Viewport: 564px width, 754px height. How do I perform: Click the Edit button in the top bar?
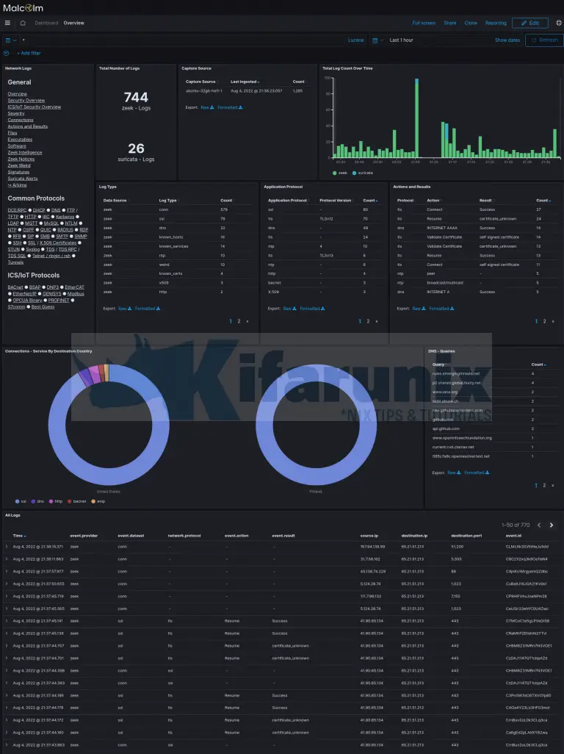(x=529, y=23)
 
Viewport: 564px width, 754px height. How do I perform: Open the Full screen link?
(x=424, y=23)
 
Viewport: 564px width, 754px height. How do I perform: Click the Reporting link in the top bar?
(x=496, y=23)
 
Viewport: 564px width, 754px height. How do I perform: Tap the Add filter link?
(x=29, y=53)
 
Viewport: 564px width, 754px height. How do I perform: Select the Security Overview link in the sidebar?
(x=26, y=101)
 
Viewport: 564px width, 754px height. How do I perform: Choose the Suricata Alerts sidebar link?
(x=23, y=179)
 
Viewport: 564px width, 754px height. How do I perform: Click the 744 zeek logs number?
(x=136, y=97)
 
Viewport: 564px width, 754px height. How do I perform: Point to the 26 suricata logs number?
(x=136, y=148)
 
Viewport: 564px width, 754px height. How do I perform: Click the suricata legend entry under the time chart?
(x=364, y=173)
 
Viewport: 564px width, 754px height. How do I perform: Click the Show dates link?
(x=507, y=40)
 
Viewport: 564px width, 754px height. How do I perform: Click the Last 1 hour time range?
(x=401, y=40)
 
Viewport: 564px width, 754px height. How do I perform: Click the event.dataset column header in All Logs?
(x=131, y=536)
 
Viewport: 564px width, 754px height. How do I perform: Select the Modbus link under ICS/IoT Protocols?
(x=76, y=293)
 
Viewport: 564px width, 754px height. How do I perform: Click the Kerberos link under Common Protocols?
(x=65, y=217)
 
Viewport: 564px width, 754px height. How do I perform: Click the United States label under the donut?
(x=108, y=492)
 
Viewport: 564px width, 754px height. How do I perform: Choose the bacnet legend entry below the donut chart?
(x=79, y=501)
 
